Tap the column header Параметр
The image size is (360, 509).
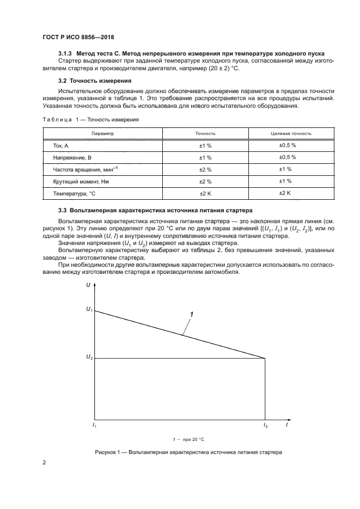pos(102,133)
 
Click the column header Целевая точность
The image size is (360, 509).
pos(291,133)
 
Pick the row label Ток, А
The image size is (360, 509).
pos(60,146)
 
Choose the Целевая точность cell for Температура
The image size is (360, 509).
pos(285,193)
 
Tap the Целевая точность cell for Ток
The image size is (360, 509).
pos(287,145)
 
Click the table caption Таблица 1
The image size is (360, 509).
pos(89,120)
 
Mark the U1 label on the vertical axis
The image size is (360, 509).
pos(89,310)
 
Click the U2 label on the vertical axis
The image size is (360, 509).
pos(89,357)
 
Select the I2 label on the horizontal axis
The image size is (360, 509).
pos(265,425)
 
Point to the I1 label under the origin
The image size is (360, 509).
pos(94,425)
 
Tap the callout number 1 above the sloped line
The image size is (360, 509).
pos(192,314)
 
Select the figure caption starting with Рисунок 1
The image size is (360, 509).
pos(188,452)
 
